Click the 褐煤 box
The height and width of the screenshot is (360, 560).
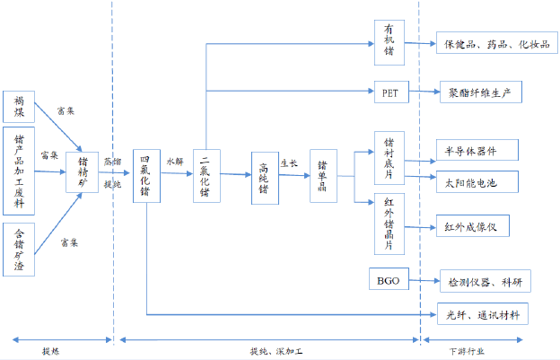point(20,107)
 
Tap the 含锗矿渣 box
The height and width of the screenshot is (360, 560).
point(20,249)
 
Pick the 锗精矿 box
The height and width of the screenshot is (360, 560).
point(82,172)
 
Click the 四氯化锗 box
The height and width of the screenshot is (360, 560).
point(146,175)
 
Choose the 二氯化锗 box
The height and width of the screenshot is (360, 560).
point(206,175)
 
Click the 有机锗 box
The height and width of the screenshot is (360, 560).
point(389,41)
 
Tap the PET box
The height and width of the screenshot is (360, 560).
point(389,92)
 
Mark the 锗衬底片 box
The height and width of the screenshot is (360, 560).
point(389,157)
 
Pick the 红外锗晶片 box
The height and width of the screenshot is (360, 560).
point(389,223)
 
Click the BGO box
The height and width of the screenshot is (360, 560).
point(389,282)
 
